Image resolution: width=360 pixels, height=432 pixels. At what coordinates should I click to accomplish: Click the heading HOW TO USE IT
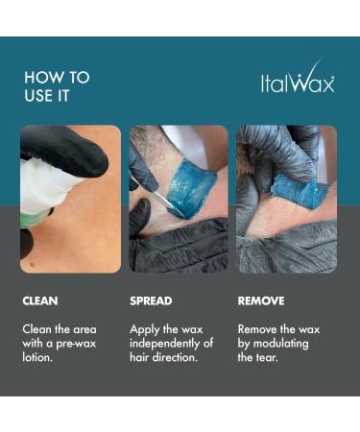pyautogui.click(x=57, y=86)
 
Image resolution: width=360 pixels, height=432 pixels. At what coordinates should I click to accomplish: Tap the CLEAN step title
pyautogui.click(x=40, y=300)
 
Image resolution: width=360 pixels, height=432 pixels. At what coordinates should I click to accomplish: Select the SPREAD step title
pyautogui.click(x=151, y=300)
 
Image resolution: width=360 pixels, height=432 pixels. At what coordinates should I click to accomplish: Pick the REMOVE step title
pyautogui.click(x=261, y=300)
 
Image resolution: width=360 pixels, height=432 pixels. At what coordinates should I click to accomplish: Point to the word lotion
pyautogui.click(x=37, y=357)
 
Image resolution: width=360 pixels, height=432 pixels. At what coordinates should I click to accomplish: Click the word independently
pyautogui.click(x=165, y=344)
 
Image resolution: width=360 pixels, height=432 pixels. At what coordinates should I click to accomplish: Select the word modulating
pyautogui.click(x=281, y=344)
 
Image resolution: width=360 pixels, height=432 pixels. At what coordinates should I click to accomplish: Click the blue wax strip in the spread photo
pyautogui.click(x=193, y=189)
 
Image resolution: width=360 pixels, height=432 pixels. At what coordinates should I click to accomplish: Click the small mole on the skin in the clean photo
pyautogui.click(x=33, y=264)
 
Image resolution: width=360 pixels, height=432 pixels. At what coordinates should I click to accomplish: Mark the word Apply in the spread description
pyautogui.click(x=145, y=330)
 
